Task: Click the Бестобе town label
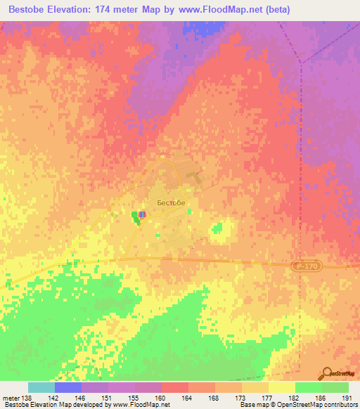[171, 202]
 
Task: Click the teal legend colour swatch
[41, 387]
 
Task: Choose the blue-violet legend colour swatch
[67, 387]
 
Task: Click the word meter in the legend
[11, 398]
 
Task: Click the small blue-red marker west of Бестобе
[142, 214]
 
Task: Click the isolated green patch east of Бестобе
[218, 228]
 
